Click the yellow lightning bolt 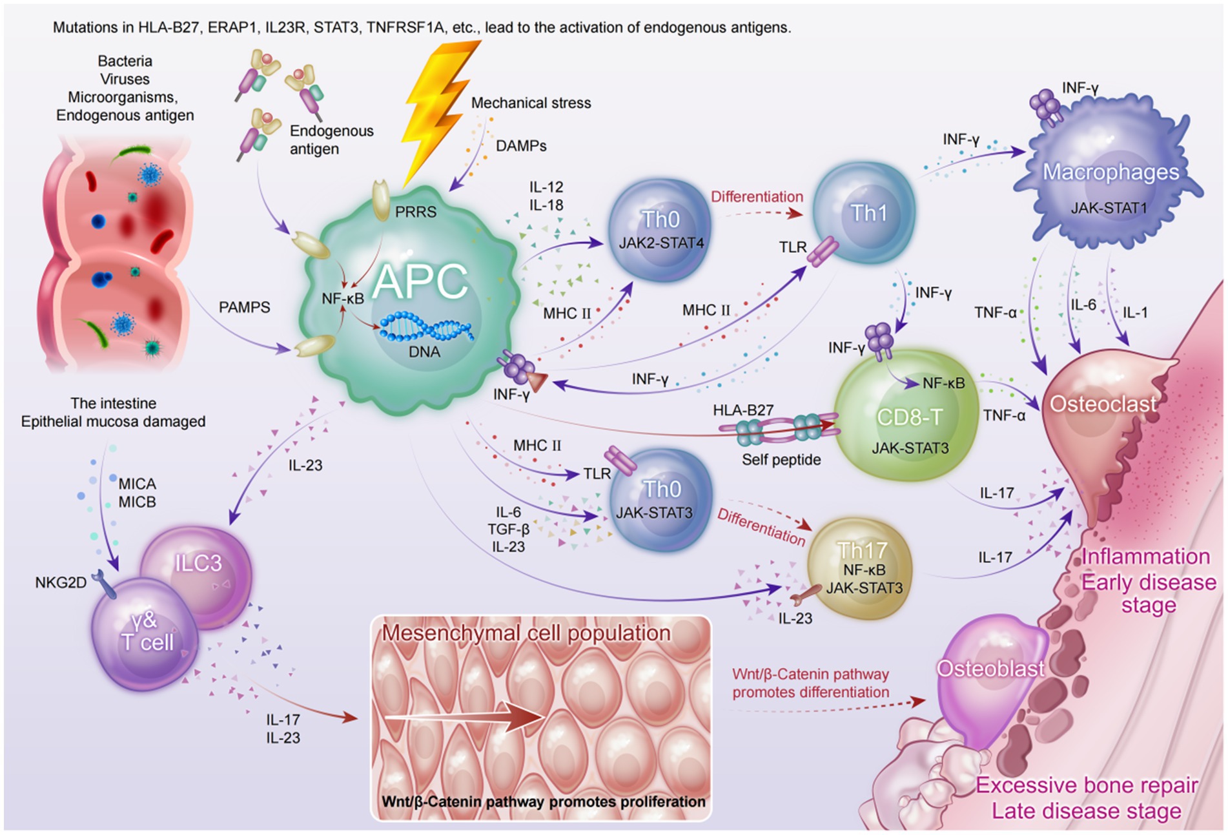[439, 110]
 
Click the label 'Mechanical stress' [531, 103]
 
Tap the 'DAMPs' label [521, 146]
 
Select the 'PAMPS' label [244, 307]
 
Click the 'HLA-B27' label [742, 410]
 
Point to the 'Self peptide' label [781, 460]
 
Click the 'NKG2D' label [61, 582]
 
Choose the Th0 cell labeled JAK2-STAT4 [660, 229]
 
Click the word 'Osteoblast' [990, 669]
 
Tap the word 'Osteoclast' [1103, 404]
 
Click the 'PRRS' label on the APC [416, 212]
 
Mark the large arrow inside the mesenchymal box [465, 717]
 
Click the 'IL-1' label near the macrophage [1135, 313]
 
